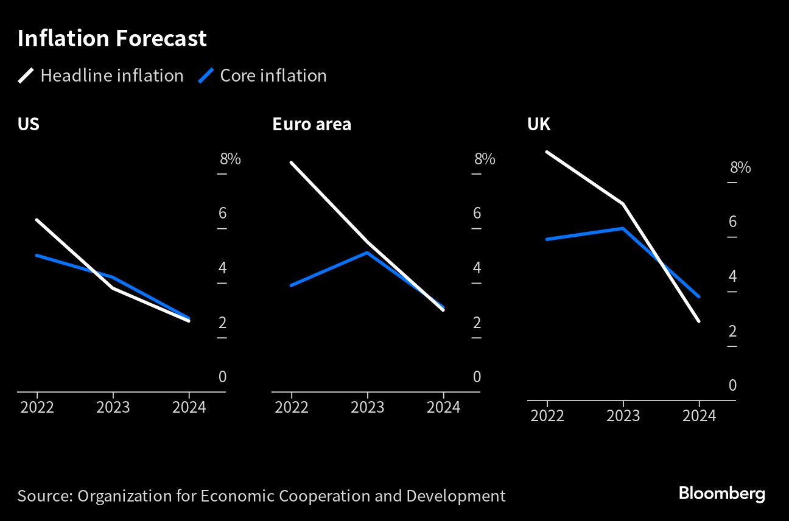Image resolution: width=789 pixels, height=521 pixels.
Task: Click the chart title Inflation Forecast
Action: point(112,39)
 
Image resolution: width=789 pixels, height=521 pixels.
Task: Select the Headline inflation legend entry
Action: point(100,75)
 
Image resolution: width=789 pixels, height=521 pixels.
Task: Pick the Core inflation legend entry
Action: point(263,75)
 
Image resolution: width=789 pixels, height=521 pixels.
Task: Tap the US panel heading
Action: point(28,124)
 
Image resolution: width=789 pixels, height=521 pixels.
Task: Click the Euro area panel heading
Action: point(311,124)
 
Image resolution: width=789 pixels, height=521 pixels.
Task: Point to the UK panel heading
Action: point(538,124)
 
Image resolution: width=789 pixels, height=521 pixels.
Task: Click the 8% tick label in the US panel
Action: point(230,159)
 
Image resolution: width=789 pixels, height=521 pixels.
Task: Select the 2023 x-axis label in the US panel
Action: point(113,407)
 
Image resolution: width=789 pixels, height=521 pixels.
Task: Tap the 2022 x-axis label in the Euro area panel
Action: point(292,407)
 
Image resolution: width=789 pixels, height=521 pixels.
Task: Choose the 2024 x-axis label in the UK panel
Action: point(699,416)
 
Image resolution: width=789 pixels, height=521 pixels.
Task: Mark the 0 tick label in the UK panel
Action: point(732,385)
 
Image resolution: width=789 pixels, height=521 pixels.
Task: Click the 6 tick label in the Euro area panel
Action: point(477,213)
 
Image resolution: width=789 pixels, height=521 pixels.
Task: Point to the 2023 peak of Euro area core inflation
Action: point(367,252)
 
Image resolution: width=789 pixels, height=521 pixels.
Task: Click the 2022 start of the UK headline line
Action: point(547,152)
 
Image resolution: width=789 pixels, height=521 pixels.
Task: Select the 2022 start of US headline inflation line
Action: point(37,220)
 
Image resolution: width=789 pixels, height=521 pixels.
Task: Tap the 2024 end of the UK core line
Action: point(699,297)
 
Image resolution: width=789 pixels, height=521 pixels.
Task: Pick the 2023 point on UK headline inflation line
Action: point(623,203)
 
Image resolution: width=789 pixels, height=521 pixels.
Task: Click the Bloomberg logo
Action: point(721,494)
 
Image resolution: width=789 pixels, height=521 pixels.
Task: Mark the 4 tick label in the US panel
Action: point(222,268)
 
